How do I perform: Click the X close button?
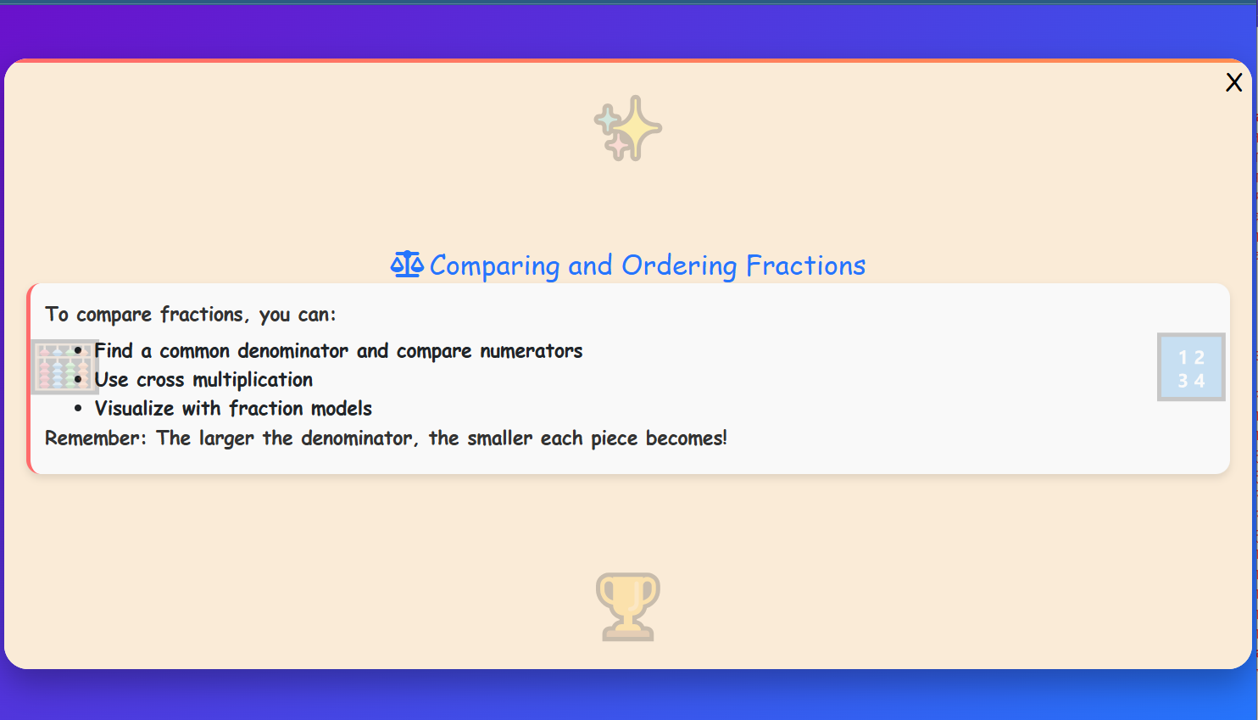(x=1233, y=82)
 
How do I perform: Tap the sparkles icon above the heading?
(x=628, y=128)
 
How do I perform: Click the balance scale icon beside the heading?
(x=407, y=265)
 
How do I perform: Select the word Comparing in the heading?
(x=494, y=266)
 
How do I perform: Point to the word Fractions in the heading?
(x=805, y=266)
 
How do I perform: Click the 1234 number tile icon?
(x=1190, y=367)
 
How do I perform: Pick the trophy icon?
(x=628, y=606)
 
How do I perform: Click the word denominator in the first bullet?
(x=292, y=351)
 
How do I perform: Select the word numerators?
(x=532, y=351)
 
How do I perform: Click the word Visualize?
(x=134, y=409)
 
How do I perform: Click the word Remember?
(x=95, y=438)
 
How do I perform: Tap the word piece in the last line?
(x=614, y=438)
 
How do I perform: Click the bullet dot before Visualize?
(x=78, y=409)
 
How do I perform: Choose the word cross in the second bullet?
(x=160, y=380)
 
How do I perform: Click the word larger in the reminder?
(x=226, y=438)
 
